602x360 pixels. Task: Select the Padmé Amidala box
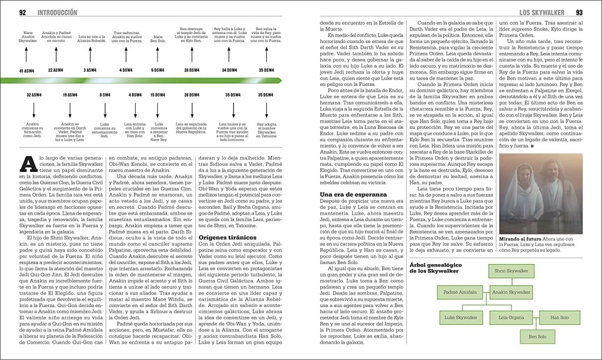coord(460,292)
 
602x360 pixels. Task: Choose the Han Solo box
coord(559,317)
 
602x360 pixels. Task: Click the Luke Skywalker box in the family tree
coord(461,317)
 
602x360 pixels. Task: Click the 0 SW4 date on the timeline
coord(105,94)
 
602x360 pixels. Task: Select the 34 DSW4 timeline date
coord(230,70)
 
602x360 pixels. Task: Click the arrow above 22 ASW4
coord(55,56)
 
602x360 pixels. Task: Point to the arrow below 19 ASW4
coord(69,109)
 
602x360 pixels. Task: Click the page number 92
coord(23,12)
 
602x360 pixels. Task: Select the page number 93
coord(579,12)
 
